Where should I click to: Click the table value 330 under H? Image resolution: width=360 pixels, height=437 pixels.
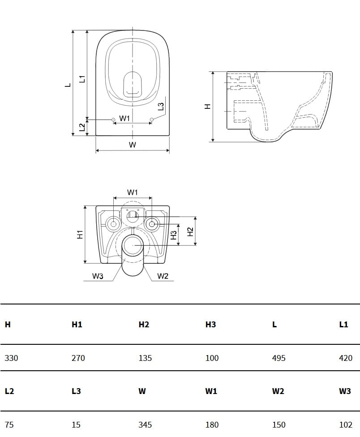point(11,358)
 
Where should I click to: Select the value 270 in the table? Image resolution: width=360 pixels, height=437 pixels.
point(78,358)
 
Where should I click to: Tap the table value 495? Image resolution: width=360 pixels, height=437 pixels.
point(279,358)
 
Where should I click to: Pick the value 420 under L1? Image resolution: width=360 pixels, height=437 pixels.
point(346,358)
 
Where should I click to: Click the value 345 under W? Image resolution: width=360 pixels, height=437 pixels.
point(145,424)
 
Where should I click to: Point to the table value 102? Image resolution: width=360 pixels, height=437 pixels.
point(346,424)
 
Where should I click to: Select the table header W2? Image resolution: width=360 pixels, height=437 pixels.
point(278,391)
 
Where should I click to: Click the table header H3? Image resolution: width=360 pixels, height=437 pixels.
point(210,324)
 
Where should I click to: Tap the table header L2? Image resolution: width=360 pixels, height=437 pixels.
point(9,391)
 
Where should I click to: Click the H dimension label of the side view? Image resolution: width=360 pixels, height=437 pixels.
point(207,107)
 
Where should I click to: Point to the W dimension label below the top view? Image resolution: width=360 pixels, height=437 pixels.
point(133,145)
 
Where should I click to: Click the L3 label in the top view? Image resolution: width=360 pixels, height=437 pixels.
point(161,107)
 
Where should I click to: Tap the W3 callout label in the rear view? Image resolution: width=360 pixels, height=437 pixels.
point(98,276)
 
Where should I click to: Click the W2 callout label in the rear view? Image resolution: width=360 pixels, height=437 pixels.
point(163,276)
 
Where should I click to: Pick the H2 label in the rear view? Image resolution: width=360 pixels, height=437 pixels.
point(190,231)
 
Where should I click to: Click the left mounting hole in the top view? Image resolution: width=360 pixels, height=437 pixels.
point(112,120)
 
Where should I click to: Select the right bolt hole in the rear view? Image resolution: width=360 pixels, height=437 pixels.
point(152,223)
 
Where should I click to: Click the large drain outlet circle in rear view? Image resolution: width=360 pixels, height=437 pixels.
point(133,245)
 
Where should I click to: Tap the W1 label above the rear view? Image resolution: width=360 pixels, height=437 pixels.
point(133,192)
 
